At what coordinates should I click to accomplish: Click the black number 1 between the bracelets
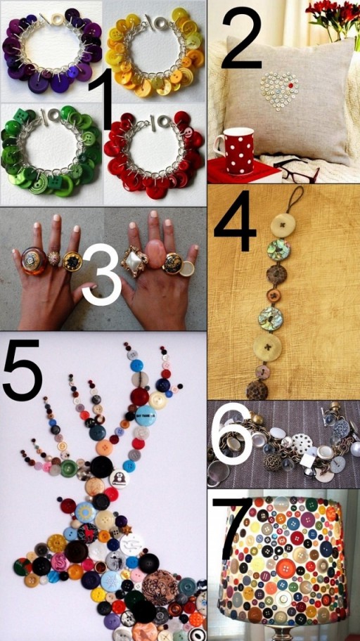[x=102, y=99]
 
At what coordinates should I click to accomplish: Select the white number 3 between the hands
[x=102, y=274]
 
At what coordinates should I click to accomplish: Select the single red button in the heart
[x=291, y=86]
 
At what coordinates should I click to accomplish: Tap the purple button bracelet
[x=52, y=50]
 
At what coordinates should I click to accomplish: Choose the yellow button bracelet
[x=155, y=51]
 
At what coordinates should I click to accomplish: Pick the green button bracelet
[x=51, y=150]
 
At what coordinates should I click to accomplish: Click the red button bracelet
[x=155, y=155]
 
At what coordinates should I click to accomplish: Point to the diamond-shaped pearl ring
[x=134, y=261]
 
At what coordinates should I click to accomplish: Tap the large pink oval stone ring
[x=155, y=254]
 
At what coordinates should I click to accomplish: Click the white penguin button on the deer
[x=120, y=479]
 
